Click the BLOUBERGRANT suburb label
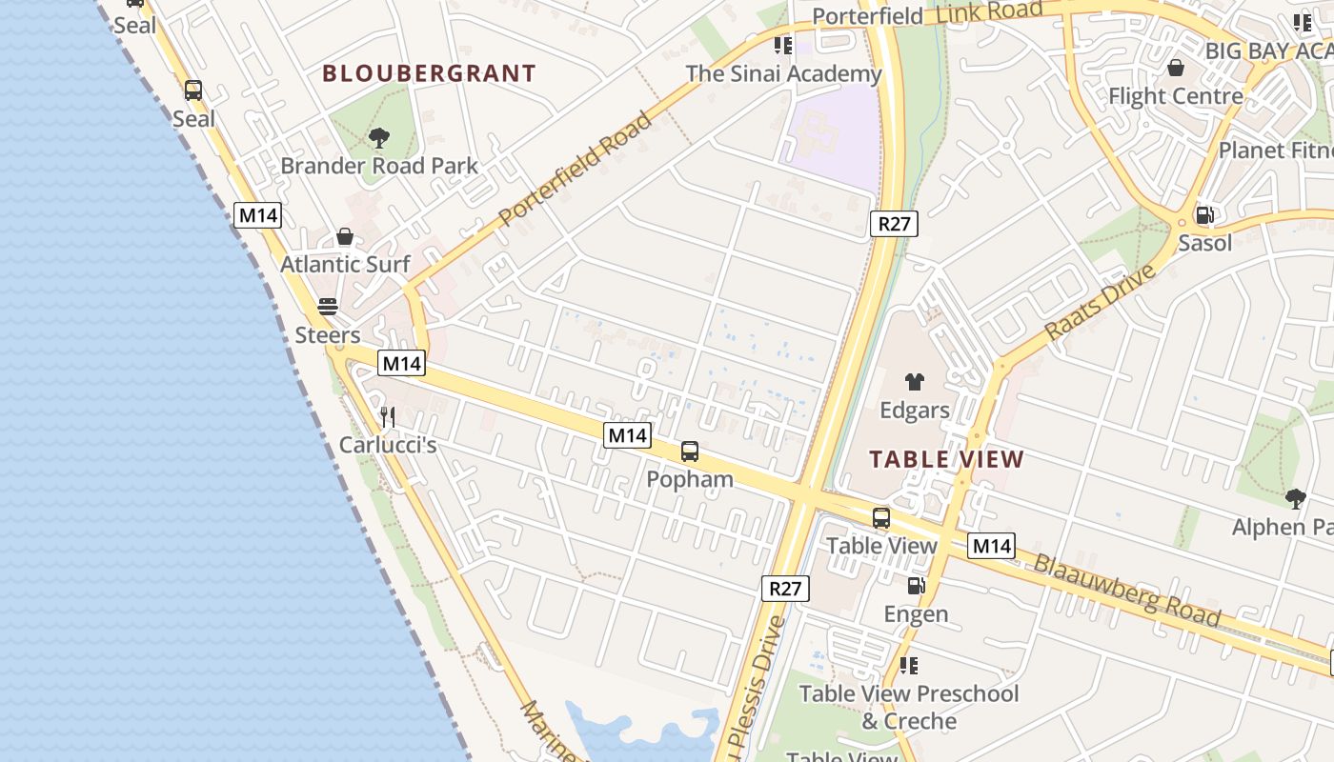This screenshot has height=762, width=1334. tap(429, 73)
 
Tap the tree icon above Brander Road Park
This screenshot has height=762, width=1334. tap(379, 138)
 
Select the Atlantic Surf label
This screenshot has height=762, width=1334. tap(345, 264)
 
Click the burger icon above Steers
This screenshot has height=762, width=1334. tap(328, 307)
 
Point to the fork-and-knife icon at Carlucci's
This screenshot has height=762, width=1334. tap(388, 417)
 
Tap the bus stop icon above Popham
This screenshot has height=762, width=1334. tap(690, 451)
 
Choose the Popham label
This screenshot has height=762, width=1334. tap(690, 479)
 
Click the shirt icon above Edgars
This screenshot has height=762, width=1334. tap(915, 383)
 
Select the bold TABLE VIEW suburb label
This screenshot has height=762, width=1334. tap(946, 459)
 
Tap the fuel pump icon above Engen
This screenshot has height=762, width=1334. tap(916, 586)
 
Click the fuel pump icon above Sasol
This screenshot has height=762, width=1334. tap(1204, 215)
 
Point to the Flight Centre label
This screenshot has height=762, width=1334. tap(1175, 96)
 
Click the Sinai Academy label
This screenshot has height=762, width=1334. tap(783, 73)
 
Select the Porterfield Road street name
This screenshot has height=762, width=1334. tap(576, 169)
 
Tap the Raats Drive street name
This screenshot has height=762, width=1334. tap(1101, 302)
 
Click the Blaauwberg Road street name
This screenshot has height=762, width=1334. tap(1126, 592)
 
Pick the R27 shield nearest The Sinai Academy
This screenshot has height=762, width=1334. tap(893, 224)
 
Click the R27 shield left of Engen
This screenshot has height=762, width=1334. tap(785, 588)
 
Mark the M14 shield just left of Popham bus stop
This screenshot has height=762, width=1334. tap(627, 435)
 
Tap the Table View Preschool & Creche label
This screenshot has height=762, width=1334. tap(908, 707)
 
